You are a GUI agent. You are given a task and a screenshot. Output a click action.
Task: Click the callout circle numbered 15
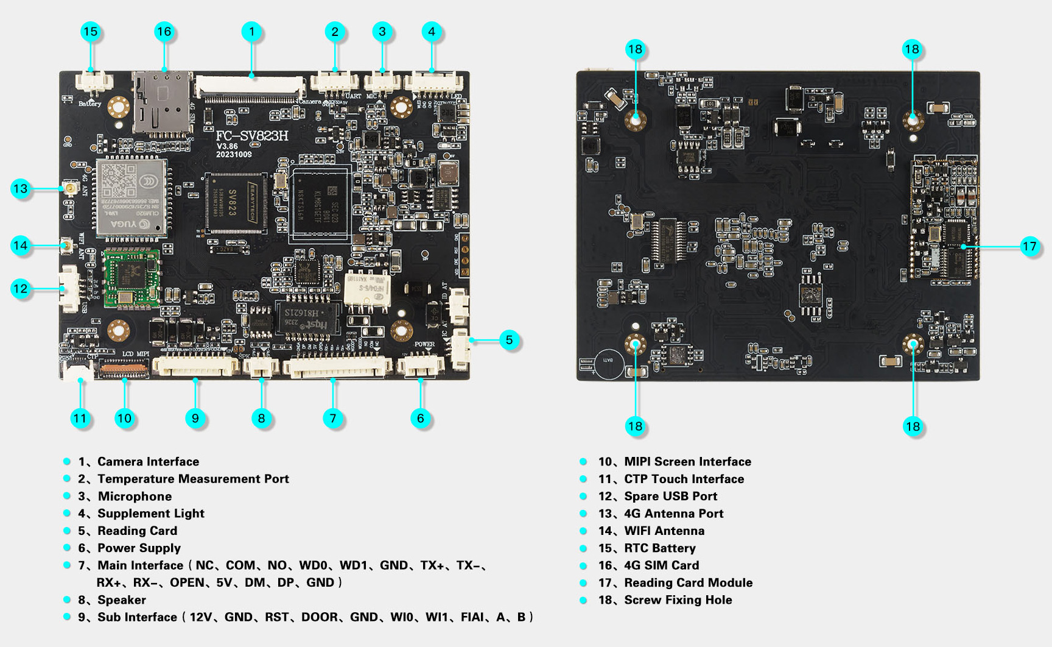pyautogui.click(x=90, y=32)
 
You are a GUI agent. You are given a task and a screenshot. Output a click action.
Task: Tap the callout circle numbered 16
pyautogui.click(x=164, y=32)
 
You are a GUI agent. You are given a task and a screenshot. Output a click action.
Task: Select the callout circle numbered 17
pyautogui.click(x=1029, y=246)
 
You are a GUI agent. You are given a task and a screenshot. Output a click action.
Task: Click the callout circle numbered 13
pyautogui.click(x=21, y=189)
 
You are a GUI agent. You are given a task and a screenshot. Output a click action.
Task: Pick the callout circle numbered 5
pyautogui.click(x=509, y=340)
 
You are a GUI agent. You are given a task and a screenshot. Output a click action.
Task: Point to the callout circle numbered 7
pyautogui.click(x=332, y=419)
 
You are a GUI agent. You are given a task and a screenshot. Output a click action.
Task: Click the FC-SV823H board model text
pyautogui.click(x=252, y=136)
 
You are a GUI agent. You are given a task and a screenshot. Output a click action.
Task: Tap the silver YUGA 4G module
pyautogui.click(x=131, y=197)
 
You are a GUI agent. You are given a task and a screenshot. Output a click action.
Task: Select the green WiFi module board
pyautogui.click(x=131, y=277)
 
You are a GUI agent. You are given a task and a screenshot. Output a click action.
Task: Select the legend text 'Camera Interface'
pyautogui.click(x=148, y=462)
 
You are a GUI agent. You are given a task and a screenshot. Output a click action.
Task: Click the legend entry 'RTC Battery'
pyautogui.click(x=659, y=548)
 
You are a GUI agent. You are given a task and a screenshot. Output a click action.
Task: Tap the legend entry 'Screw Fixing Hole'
pyautogui.click(x=678, y=600)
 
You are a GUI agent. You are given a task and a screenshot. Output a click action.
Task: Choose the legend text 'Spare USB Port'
pyautogui.click(x=670, y=497)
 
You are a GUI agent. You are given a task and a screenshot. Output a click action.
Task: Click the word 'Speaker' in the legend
pyautogui.click(x=122, y=600)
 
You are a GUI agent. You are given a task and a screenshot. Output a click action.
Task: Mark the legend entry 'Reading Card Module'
pyautogui.click(x=688, y=583)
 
